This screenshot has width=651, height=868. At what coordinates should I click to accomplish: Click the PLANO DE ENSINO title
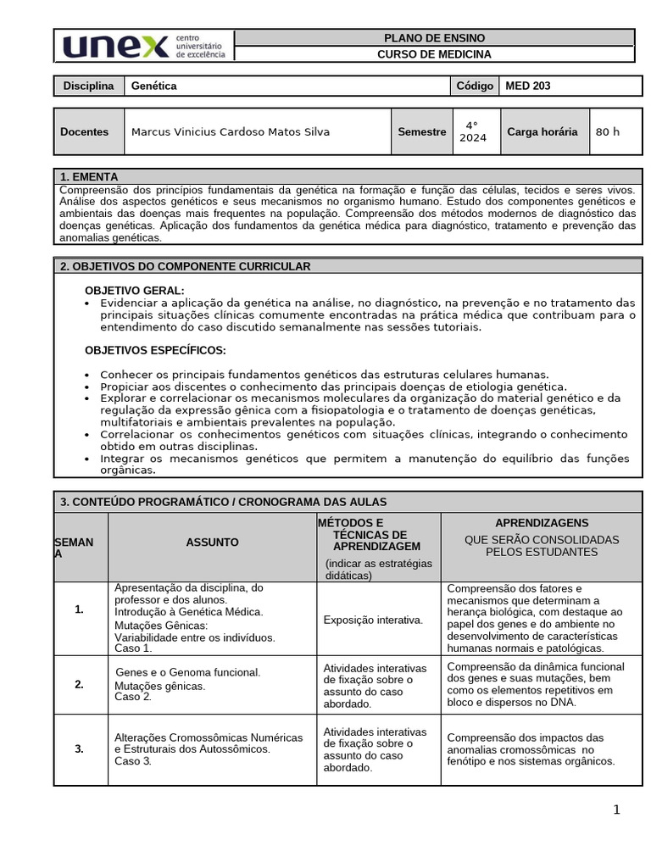pyautogui.click(x=434, y=38)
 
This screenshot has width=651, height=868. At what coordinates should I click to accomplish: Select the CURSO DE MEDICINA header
pyautogui.click(x=434, y=54)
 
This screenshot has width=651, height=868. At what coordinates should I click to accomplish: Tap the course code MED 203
pyautogui.click(x=527, y=86)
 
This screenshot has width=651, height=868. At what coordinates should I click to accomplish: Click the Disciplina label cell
pyautogui.click(x=89, y=86)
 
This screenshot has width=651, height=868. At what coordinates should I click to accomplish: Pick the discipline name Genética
pyautogui.click(x=154, y=86)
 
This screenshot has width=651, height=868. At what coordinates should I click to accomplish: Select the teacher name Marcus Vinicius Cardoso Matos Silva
pyautogui.click(x=231, y=131)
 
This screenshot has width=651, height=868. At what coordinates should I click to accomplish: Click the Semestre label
pyautogui.click(x=421, y=131)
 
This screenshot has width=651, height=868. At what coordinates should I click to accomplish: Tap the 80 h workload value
pyautogui.click(x=608, y=131)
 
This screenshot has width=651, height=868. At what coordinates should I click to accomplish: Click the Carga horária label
pyautogui.click(x=542, y=131)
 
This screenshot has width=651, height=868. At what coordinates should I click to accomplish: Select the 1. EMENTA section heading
pyautogui.click(x=83, y=177)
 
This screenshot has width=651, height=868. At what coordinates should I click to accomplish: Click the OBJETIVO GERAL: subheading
pyautogui.click(x=135, y=291)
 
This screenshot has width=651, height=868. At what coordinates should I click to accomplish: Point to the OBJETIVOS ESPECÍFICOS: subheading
pyautogui.click(x=155, y=350)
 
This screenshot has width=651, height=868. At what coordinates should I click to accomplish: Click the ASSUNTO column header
pyautogui.click(x=212, y=542)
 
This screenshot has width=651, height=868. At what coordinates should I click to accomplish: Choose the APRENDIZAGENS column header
pyautogui.click(x=541, y=523)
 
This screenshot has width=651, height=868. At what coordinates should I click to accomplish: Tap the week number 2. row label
pyautogui.click(x=79, y=684)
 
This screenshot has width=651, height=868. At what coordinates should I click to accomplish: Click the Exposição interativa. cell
pyautogui.click(x=373, y=620)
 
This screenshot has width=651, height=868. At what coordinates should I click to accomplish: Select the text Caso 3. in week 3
pyautogui.click(x=133, y=760)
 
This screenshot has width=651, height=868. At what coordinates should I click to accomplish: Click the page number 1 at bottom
pyautogui.click(x=616, y=810)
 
